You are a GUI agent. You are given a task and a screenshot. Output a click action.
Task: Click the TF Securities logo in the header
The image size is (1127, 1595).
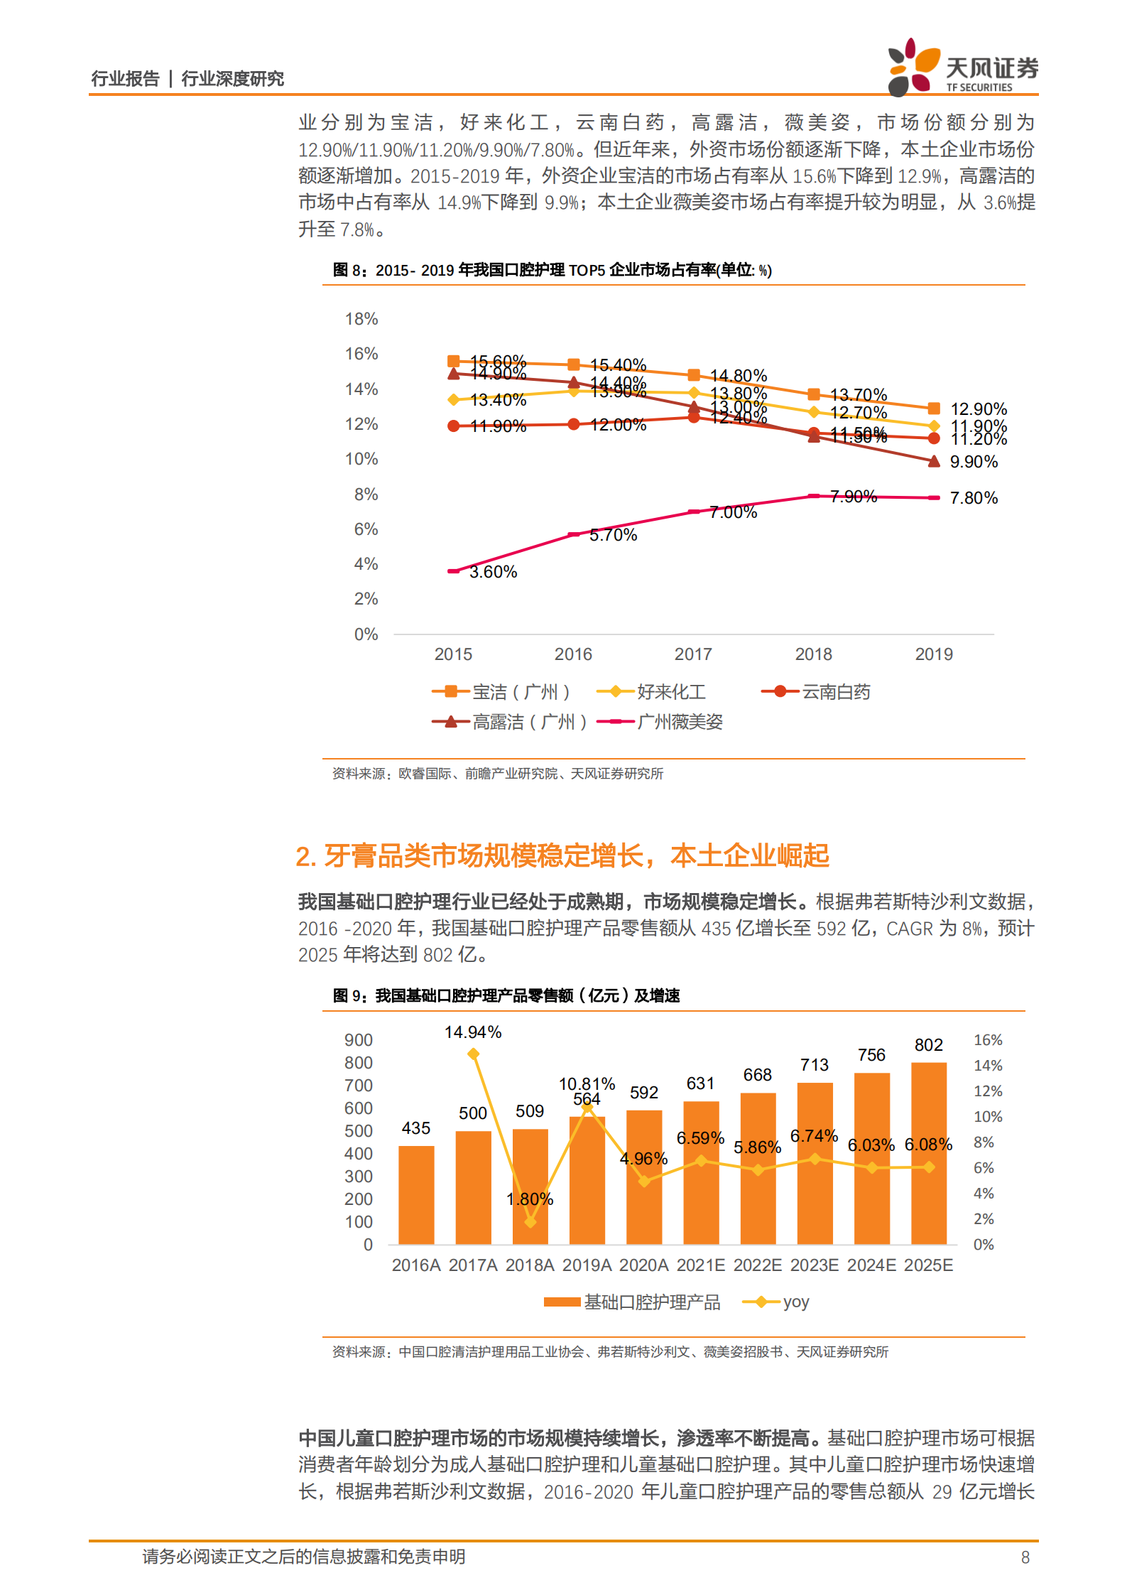pos(962,67)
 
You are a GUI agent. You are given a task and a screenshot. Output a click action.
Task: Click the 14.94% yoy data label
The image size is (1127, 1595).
pos(473,1032)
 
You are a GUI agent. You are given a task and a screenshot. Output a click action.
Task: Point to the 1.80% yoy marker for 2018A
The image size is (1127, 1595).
pos(530,1221)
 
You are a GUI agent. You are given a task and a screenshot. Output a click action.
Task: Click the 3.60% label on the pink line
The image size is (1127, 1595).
pos(493,572)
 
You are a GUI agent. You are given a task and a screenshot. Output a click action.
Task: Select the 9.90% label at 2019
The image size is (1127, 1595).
pos(974,462)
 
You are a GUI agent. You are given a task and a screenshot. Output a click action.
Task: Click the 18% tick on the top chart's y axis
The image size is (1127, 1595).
pos(361,319)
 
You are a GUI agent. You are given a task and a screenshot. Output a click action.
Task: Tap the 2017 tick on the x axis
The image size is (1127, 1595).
pos(693,654)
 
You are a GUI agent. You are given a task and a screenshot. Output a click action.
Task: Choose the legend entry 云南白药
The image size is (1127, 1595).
pos(835,692)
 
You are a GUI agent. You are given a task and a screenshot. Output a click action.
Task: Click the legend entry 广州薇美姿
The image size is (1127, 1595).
pos(679,722)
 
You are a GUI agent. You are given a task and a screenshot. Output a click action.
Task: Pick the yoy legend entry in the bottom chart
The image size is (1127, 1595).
pos(795,1302)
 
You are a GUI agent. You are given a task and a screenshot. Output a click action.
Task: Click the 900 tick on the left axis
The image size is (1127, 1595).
pos(358,1040)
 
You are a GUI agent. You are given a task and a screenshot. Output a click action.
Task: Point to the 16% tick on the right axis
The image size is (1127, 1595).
pos(987,1040)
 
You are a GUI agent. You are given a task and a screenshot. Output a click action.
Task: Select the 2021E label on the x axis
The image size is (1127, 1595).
pos(700,1265)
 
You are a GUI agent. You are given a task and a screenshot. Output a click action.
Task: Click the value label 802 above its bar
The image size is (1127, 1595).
pos(928,1045)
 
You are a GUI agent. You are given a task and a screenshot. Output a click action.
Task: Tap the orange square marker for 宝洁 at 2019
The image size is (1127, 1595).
pos(934,409)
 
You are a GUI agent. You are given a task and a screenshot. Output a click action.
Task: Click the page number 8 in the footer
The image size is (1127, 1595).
pos(1025,1557)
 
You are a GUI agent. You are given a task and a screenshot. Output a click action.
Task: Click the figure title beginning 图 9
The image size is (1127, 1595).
pos(506,995)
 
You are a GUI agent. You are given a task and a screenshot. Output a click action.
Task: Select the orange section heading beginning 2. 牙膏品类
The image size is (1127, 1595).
pos(562,855)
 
